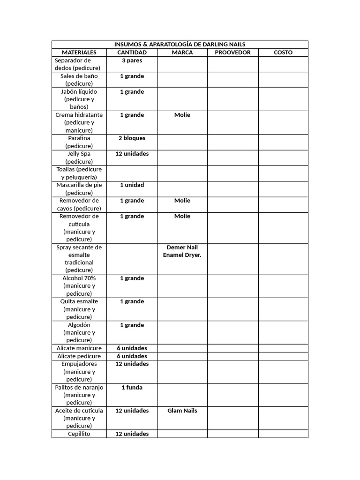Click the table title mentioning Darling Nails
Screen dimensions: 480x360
click(180, 45)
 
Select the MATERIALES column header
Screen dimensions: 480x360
click(79, 52)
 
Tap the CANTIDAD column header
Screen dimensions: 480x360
click(132, 52)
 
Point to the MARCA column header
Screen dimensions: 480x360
click(182, 52)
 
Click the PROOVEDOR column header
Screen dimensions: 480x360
click(232, 52)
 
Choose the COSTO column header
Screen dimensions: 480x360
click(283, 52)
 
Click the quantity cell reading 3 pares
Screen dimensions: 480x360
click(132, 60)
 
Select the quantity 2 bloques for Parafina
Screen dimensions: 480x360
click(132, 138)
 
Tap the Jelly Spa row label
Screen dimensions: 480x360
click(79, 157)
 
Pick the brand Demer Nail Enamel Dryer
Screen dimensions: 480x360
click(182, 251)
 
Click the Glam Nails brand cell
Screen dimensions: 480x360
click(182, 411)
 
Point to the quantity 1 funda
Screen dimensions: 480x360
click(132, 387)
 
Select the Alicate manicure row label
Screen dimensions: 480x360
click(79, 348)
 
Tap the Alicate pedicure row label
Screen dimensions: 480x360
click(79, 356)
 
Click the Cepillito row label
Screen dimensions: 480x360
click(79, 434)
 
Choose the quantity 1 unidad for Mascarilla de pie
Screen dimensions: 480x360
click(132, 185)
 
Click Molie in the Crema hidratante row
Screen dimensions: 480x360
click(182, 115)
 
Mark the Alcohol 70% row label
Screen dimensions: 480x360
click(79, 285)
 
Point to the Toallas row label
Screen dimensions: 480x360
click(79, 173)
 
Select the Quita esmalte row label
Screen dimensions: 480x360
click(79, 309)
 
